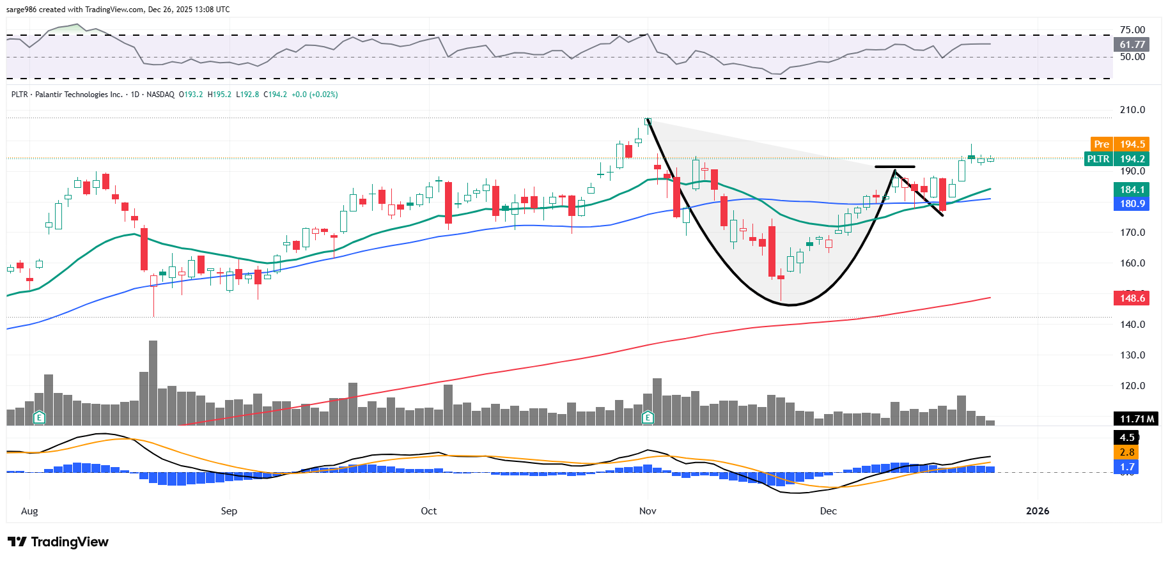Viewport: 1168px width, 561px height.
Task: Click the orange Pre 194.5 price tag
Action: [1119, 144]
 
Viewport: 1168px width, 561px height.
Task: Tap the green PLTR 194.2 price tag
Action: [1116, 159]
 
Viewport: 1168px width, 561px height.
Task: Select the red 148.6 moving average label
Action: [1132, 298]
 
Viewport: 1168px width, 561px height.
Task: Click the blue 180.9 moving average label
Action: [1132, 204]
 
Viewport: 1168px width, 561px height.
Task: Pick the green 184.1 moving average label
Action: [1132, 190]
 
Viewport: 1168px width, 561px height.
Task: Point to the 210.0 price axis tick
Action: [1132, 110]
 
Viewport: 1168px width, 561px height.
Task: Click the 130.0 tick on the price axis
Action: [1132, 355]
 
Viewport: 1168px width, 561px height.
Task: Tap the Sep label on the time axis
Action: [229, 511]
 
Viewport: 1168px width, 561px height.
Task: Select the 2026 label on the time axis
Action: [1037, 511]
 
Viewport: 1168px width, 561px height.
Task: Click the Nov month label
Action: [648, 511]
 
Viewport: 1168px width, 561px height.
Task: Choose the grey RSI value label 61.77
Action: [1132, 45]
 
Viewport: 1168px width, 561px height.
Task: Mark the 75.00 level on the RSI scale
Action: [1132, 30]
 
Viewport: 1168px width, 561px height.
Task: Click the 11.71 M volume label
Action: [1137, 419]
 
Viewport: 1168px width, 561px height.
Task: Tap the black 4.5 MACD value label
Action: [1126, 438]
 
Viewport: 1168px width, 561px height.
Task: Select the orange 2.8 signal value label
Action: [1126, 452]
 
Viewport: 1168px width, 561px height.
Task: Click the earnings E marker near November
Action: [648, 418]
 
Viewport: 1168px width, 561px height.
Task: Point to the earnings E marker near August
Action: [39, 418]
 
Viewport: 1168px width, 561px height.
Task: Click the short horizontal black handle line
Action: [894, 167]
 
